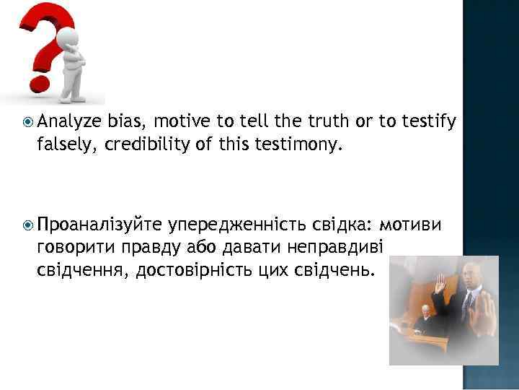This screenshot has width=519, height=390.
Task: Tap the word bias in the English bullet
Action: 128,121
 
